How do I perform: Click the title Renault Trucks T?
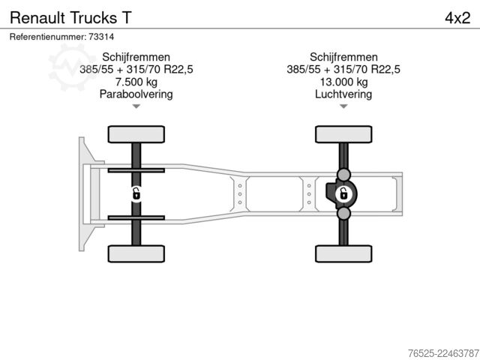[70, 17]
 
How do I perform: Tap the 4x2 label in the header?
[457, 18]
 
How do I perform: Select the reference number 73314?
[101, 37]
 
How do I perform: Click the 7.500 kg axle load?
[136, 82]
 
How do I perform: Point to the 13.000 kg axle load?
[343, 82]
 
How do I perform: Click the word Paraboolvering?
[136, 94]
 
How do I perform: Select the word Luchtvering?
[343, 94]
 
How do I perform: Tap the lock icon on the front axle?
[136, 194]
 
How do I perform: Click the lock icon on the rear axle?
[343, 194]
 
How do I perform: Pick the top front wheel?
[136, 134]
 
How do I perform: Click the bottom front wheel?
[136, 253]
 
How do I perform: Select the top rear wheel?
[343, 134]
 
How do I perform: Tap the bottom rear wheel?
[343, 253]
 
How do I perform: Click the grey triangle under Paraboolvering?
[136, 106]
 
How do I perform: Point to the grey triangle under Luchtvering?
[343, 106]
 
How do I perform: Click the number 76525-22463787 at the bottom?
[443, 353]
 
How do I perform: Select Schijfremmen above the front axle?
[136, 57]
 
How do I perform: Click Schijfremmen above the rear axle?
[343, 57]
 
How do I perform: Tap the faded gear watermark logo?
[72, 67]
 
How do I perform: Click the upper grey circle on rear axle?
[343, 175]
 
